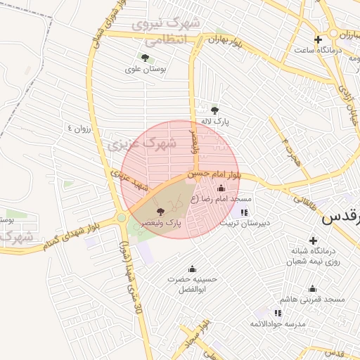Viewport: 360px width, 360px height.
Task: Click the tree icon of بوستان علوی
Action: point(145,58)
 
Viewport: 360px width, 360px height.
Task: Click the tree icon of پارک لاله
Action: point(215,110)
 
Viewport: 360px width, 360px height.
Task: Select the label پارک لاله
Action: point(214,121)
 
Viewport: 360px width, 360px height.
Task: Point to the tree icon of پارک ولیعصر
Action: point(160,210)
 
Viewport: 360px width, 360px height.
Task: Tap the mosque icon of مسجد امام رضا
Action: point(222,188)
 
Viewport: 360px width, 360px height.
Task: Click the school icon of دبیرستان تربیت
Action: point(244,212)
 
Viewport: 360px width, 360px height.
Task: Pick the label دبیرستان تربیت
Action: point(244,224)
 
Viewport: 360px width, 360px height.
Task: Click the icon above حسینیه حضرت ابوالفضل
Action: point(192,269)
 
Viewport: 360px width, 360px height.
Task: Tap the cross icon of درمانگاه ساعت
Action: point(318,39)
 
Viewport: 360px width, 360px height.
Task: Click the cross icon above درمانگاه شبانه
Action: point(313,240)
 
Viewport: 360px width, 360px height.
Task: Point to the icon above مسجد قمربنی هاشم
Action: point(312,288)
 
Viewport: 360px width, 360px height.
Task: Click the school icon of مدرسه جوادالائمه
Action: point(278,312)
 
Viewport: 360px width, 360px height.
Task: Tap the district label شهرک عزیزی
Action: point(134,145)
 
